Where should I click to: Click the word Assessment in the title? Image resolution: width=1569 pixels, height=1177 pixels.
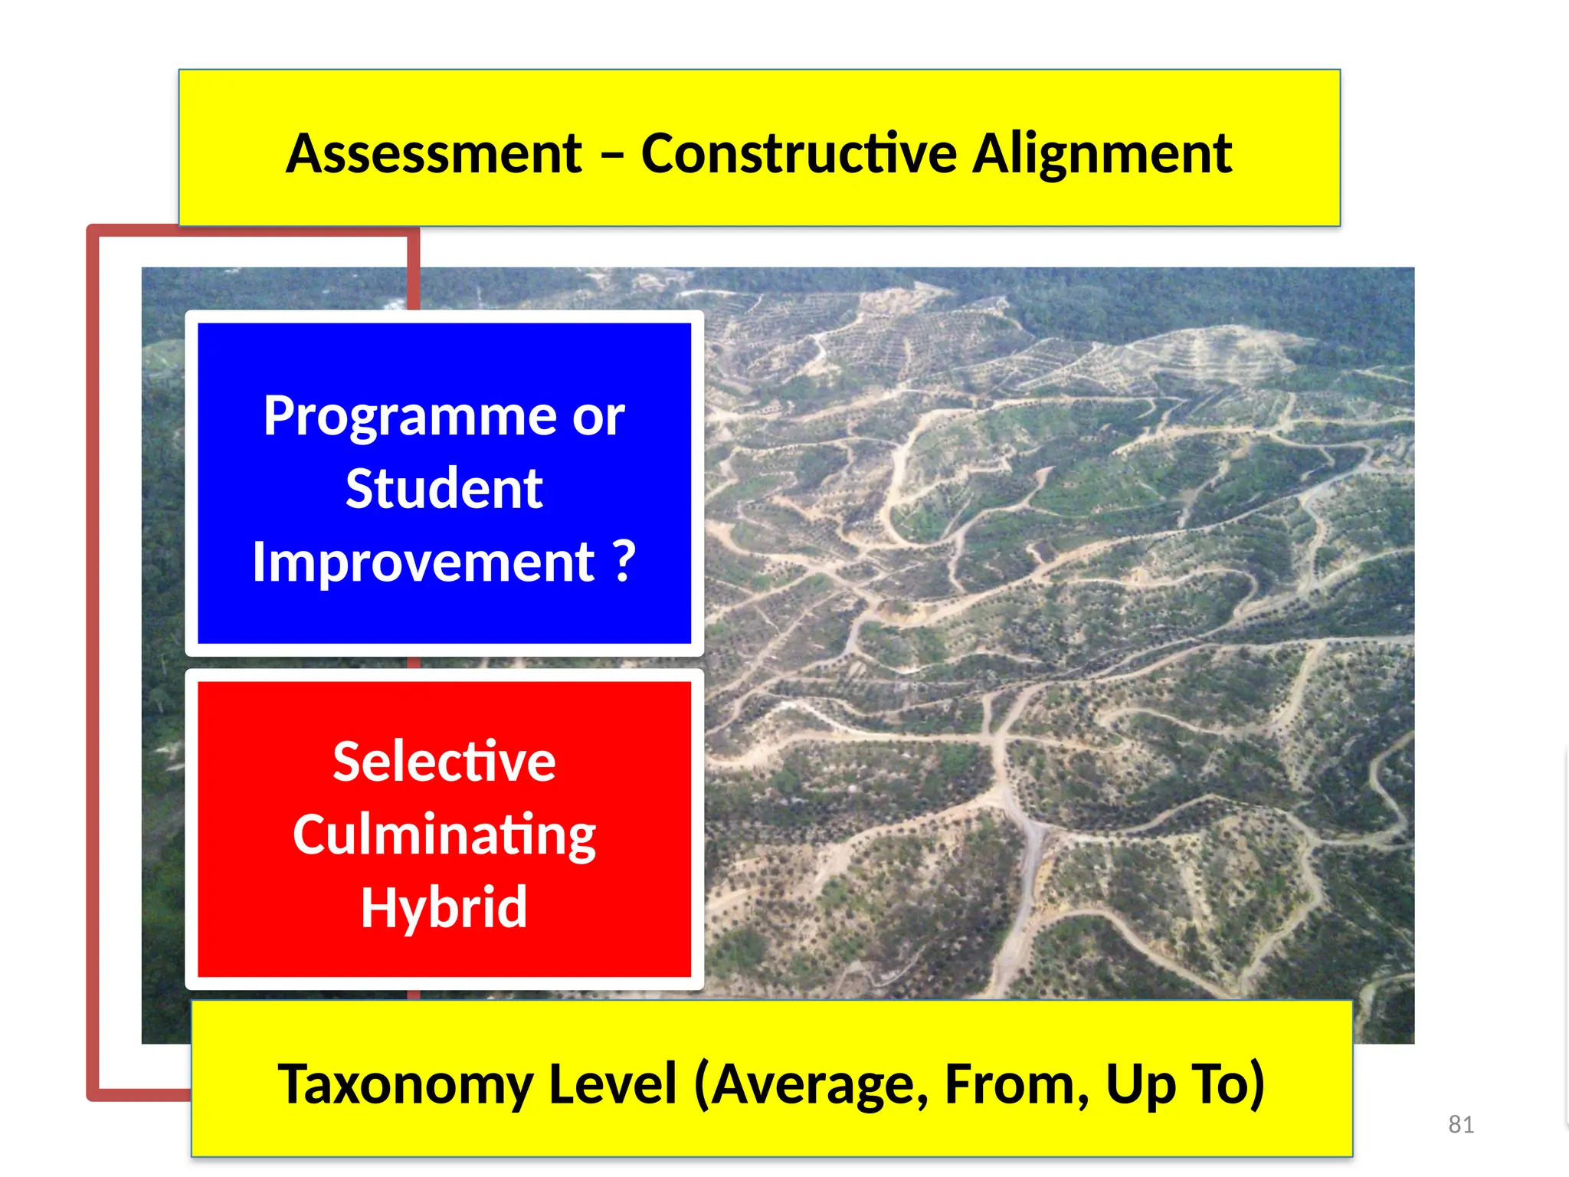point(434,154)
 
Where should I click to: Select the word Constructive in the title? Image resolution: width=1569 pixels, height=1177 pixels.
point(798,154)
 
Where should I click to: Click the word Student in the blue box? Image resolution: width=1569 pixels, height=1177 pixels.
point(444,489)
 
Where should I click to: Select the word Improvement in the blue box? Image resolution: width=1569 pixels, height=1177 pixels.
point(423,562)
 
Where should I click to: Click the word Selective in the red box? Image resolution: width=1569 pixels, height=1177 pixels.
point(444,762)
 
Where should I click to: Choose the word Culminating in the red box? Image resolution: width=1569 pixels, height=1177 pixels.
point(444,835)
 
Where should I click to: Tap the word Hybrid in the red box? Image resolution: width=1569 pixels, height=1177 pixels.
point(444,908)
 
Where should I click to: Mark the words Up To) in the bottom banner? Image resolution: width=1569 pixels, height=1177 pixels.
point(1184,1085)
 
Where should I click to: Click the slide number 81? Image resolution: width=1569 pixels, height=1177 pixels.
point(1461,1124)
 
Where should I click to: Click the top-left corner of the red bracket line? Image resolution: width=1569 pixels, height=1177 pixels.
point(93,231)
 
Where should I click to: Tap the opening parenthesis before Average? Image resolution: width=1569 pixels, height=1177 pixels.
point(702,1085)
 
